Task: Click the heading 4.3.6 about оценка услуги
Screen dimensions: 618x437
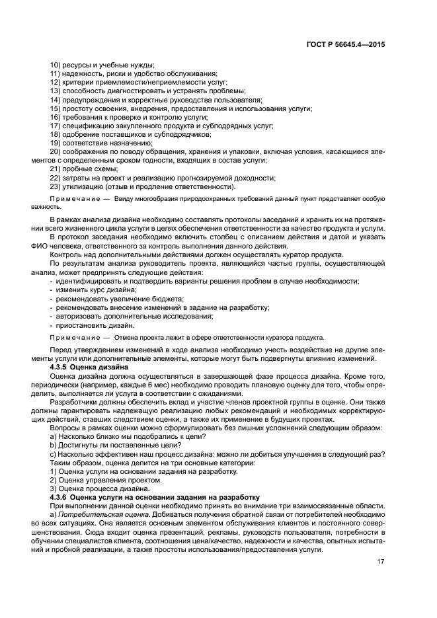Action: (x=155, y=496)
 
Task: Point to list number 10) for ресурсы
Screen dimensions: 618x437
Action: (x=56, y=65)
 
